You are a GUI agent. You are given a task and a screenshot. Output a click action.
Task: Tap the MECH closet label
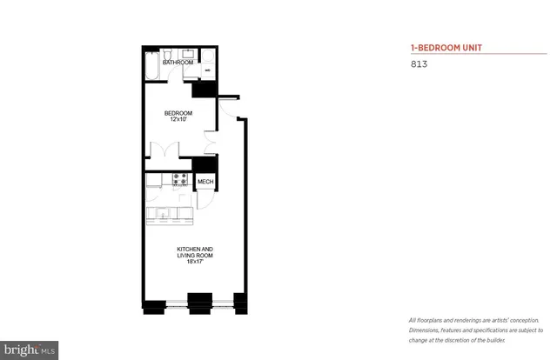click(205, 182)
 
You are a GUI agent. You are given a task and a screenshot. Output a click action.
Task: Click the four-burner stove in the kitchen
click(181, 180)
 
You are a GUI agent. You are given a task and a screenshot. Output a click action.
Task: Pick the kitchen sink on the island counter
click(162, 212)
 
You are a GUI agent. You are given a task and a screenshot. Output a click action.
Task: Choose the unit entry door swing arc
click(224, 109)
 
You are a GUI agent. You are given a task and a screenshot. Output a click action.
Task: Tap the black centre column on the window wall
click(200, 305)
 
